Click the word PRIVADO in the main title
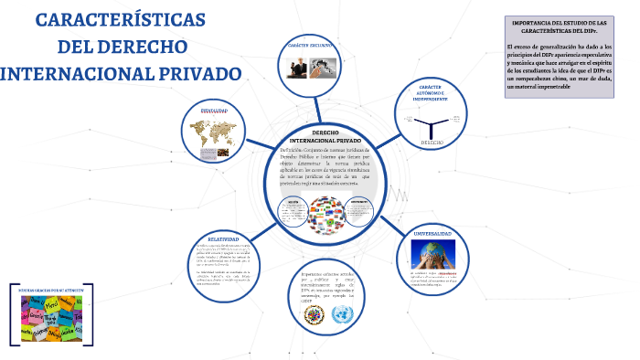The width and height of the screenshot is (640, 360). [x=187, y=73]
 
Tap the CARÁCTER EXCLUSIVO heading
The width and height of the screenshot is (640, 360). [x=309, y=45]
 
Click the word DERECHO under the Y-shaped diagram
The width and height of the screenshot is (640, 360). [x=432, y=143]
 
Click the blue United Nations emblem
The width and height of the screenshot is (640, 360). [x=344, y=315]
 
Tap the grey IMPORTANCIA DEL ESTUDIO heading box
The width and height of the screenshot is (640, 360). [x=560, y=26]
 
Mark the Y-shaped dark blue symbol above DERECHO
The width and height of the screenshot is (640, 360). [x=432, y=124]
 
